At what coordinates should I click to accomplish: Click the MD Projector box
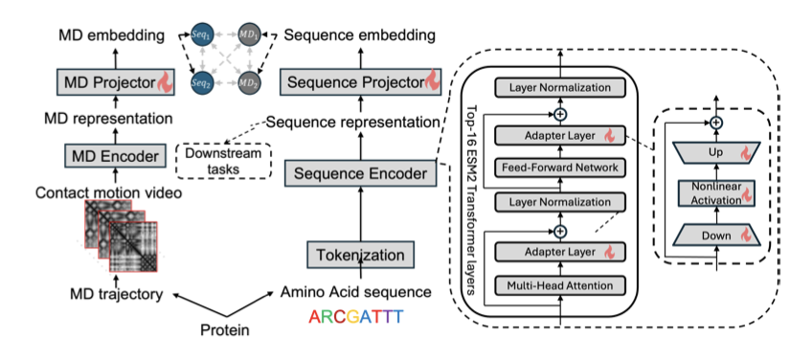(115, 81)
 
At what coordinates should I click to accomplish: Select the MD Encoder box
(115, 155)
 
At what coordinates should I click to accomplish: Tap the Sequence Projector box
(359, 81)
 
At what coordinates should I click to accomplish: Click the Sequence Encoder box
(360, 173)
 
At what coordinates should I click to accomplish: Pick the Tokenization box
(360, 255)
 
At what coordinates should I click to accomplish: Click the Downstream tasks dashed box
(224, 161)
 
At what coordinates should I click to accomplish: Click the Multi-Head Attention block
(560, 285)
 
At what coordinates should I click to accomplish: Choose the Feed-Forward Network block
(560, 168)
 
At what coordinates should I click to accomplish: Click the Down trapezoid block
(716, 236)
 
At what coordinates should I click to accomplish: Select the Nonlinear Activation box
(716, 193)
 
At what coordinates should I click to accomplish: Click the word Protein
(225, 329)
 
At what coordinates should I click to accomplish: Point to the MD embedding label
(111, 35)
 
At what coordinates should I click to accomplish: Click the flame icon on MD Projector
(164, 81)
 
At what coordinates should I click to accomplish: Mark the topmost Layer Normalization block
(560, 87)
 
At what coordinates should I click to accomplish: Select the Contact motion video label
(109, 192)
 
